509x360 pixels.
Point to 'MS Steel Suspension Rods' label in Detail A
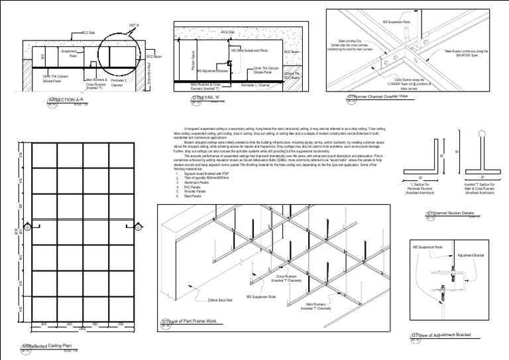[x=249, y=50]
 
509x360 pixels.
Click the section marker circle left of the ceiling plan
[x=27, y=227]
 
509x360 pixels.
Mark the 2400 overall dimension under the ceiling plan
[x=82, y=328]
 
